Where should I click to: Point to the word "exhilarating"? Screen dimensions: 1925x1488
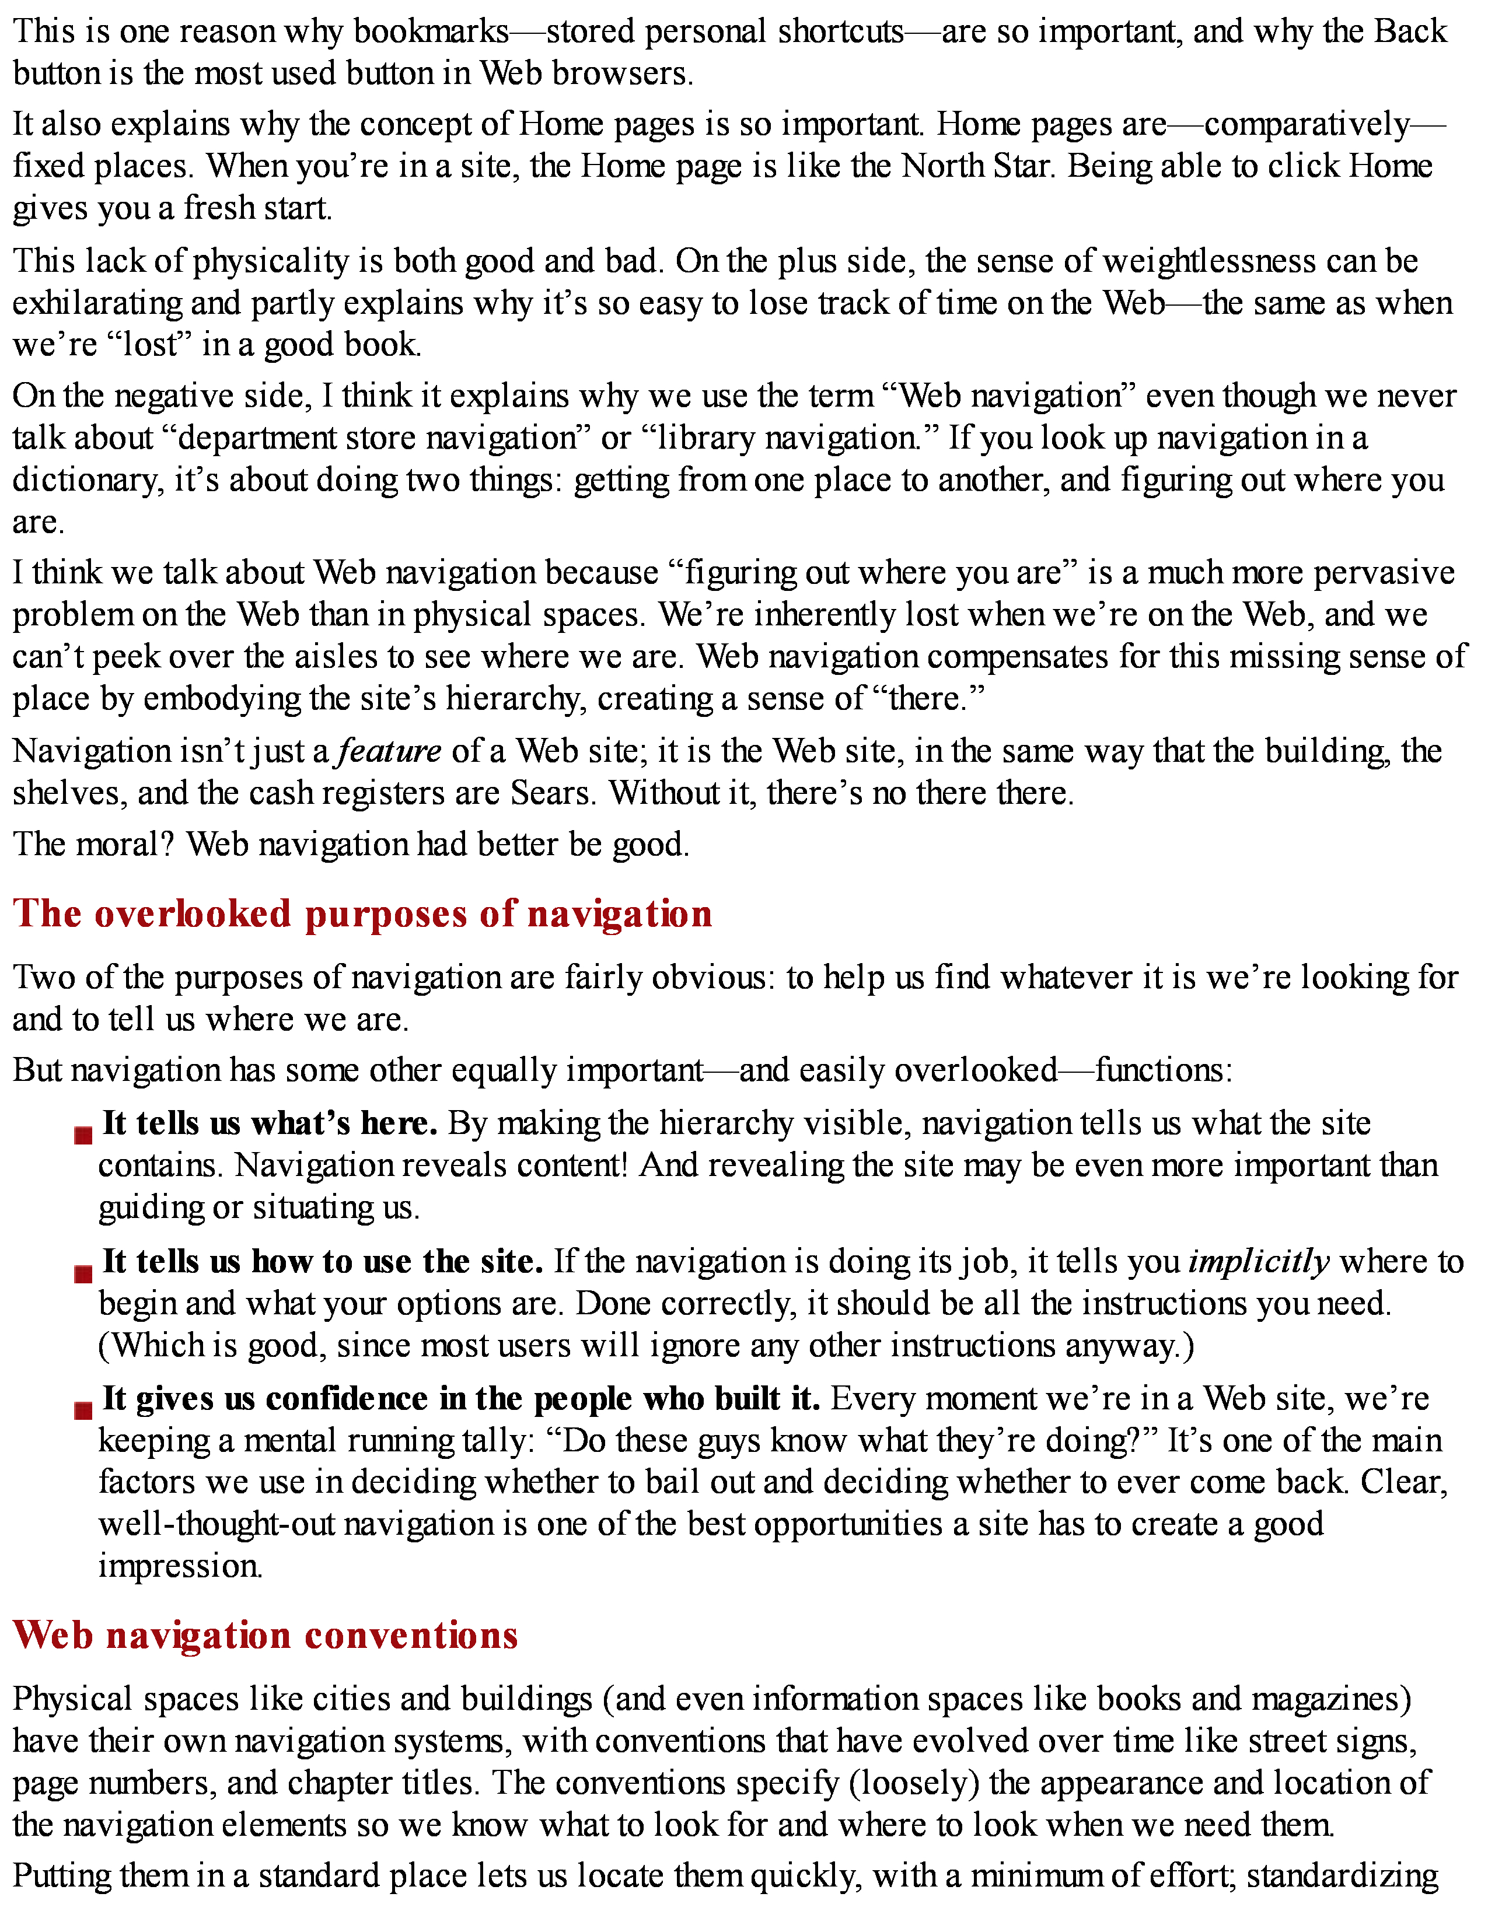[95, 303]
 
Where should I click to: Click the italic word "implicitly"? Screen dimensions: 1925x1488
[1258, 1262]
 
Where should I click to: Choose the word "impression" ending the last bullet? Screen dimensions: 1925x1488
[179, 1566]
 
